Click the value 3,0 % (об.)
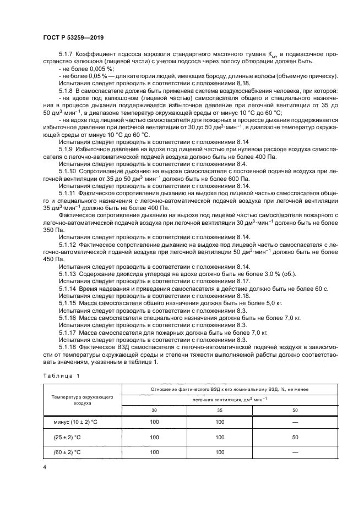(x=285, y=273)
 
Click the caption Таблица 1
(x=62, y=375)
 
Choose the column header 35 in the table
(x=220, y=410)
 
